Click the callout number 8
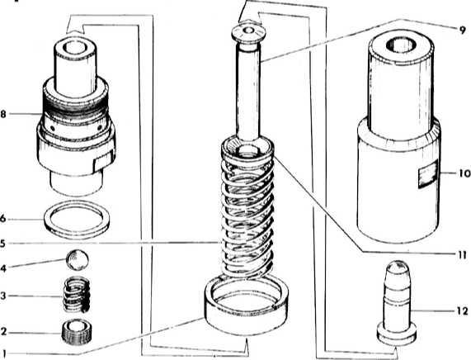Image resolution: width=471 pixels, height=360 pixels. click(x=3, y=114)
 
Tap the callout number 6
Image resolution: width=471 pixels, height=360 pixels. click(x=3, y=219)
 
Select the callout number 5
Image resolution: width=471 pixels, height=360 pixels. click(x=2, y=244)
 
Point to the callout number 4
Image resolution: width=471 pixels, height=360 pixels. click(x=3, y=268)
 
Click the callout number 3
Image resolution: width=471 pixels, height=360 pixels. click(x=3, y=296)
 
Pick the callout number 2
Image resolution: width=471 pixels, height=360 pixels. click(x=3, y=332)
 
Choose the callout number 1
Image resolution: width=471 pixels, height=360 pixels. click(x=4, y=353)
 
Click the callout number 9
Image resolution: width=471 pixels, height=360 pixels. click(x=462, y=30)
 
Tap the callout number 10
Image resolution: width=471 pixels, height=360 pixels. click(x=464, y=173)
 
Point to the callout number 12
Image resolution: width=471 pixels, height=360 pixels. click(x=462, y=311)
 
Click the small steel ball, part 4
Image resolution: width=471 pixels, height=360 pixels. click(x=78, y=260)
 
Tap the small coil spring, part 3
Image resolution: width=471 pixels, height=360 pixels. click(x=77, y=295)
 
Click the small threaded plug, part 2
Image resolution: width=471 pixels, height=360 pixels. click(x=78, y=331)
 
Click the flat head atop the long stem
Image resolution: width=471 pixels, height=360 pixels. click(x=248, y=32)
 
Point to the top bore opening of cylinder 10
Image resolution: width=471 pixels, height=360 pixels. click(x=402, y=45)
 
